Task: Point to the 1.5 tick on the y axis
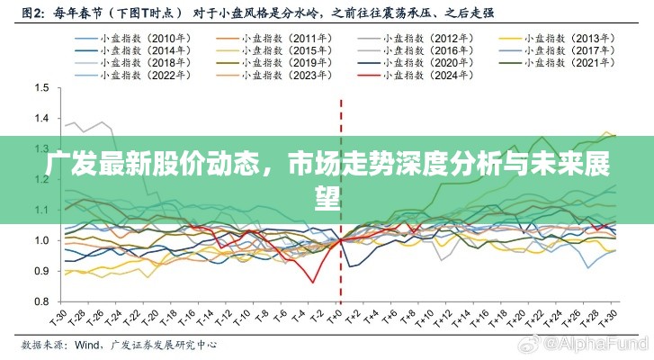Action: [x=40, y=88]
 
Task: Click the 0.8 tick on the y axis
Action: [x=40, y=301]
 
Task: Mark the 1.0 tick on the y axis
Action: [x=40, y=240]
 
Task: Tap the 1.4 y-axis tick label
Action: [x=40, y=119]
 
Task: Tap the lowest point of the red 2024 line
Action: [x=312, y=283]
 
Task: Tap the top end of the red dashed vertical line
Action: [x=340, y=100]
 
